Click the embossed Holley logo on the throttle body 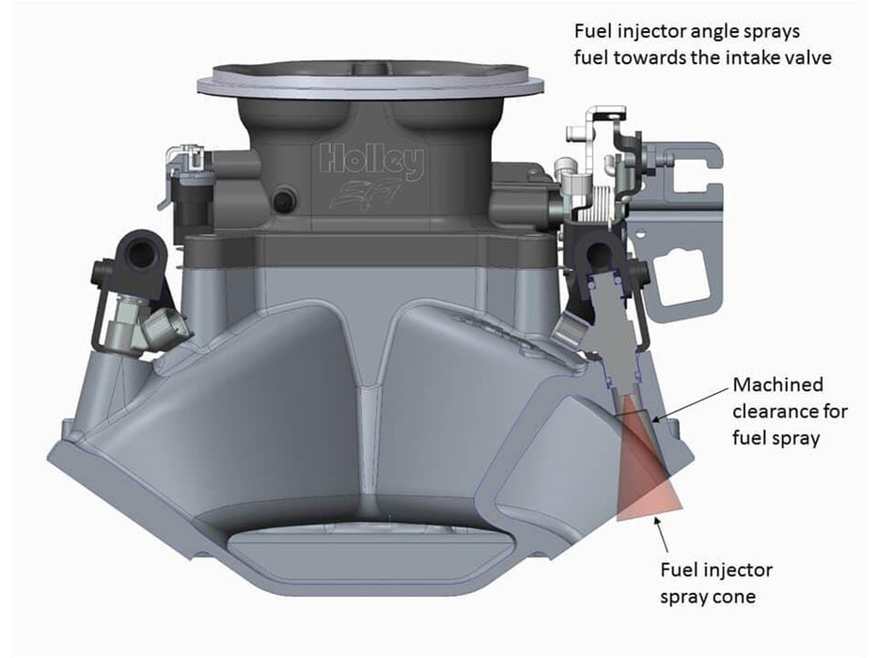point(371,162)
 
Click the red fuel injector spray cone point(647,479)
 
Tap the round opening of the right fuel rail point(599,251)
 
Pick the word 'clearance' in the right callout point(777,411)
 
